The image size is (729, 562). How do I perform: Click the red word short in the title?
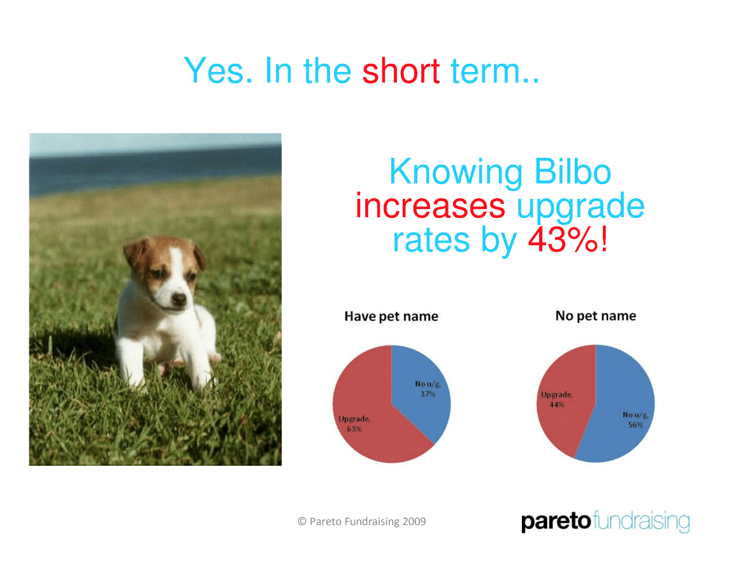(401, 71)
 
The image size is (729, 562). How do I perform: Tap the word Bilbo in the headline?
(572, 171)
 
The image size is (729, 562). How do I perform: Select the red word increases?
(430, 206)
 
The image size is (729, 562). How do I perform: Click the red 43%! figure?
(568, 240)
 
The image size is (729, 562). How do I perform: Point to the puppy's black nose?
(178, 299)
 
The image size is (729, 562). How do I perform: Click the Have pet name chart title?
(391, 317)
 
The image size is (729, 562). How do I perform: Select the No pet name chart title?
(596, 316)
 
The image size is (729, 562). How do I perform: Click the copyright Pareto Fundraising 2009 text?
(362, 522)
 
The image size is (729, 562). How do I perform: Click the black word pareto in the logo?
(556, 522)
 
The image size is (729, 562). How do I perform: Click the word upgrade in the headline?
(581, 207)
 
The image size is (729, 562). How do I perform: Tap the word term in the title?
(494, 71)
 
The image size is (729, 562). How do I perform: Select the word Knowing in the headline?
(456, 173)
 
